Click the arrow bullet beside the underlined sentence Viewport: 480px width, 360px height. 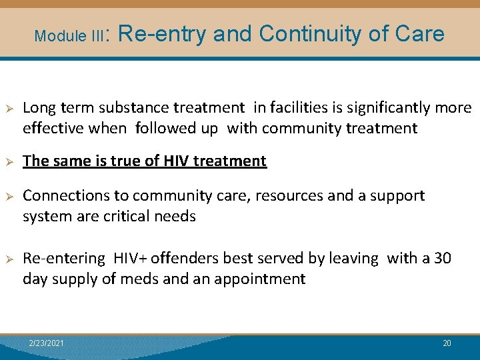tap(9, 161)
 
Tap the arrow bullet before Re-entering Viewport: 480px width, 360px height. tap(9, 259)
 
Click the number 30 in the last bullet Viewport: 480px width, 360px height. tap(442, 258)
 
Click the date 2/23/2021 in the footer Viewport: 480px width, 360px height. tap(47, 343)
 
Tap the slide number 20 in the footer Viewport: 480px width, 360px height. tap(447, 343)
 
